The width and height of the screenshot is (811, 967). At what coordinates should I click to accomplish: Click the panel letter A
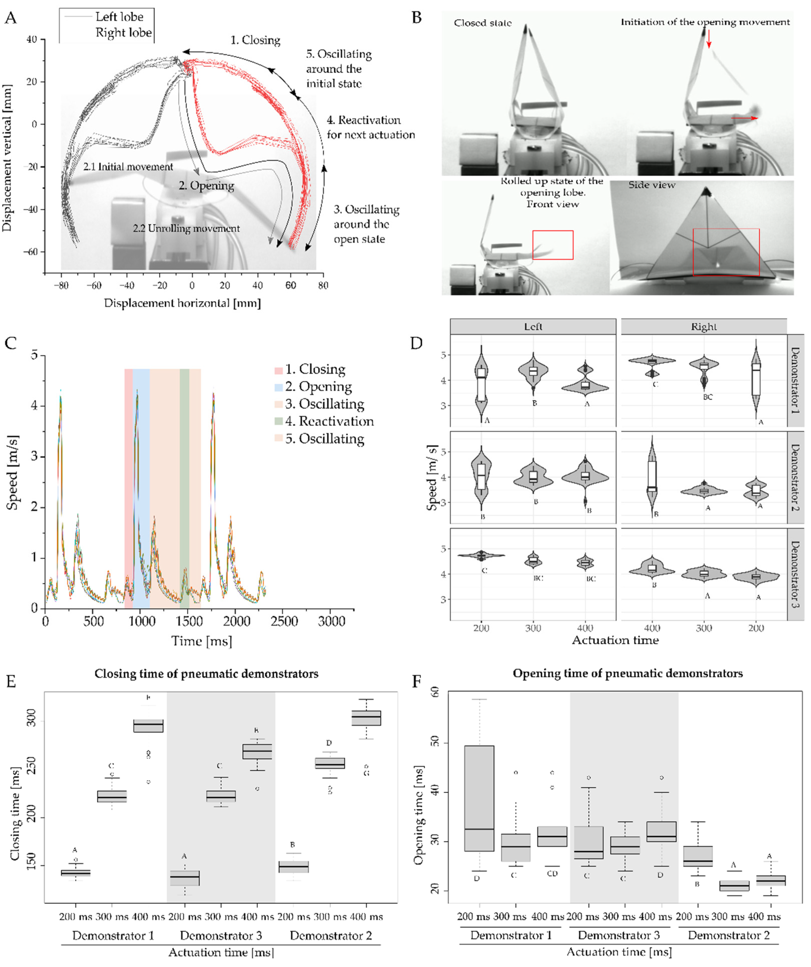tap(10, 19)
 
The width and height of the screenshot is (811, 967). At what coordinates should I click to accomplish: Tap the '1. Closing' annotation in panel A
tap(255, 41)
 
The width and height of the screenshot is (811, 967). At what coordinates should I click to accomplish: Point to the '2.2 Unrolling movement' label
tap(186, 228)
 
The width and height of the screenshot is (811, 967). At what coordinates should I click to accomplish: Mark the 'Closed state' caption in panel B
tap(482, 23)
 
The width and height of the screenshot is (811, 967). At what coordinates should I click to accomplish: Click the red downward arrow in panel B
tap(709, 39)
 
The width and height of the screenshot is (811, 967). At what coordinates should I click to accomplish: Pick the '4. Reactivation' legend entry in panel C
tap(329, 421)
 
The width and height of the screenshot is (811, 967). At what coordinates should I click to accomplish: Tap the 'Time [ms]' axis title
tap(201, 641)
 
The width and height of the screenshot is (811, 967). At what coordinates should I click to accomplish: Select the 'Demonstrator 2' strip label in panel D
tap(795, 477)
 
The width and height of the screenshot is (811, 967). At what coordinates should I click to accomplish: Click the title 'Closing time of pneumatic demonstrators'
tap(206, 674)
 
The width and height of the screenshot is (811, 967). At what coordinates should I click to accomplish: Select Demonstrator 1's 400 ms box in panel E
tap(148, 726)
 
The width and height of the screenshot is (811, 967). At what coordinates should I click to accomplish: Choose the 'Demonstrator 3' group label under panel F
tap(619, 935)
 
